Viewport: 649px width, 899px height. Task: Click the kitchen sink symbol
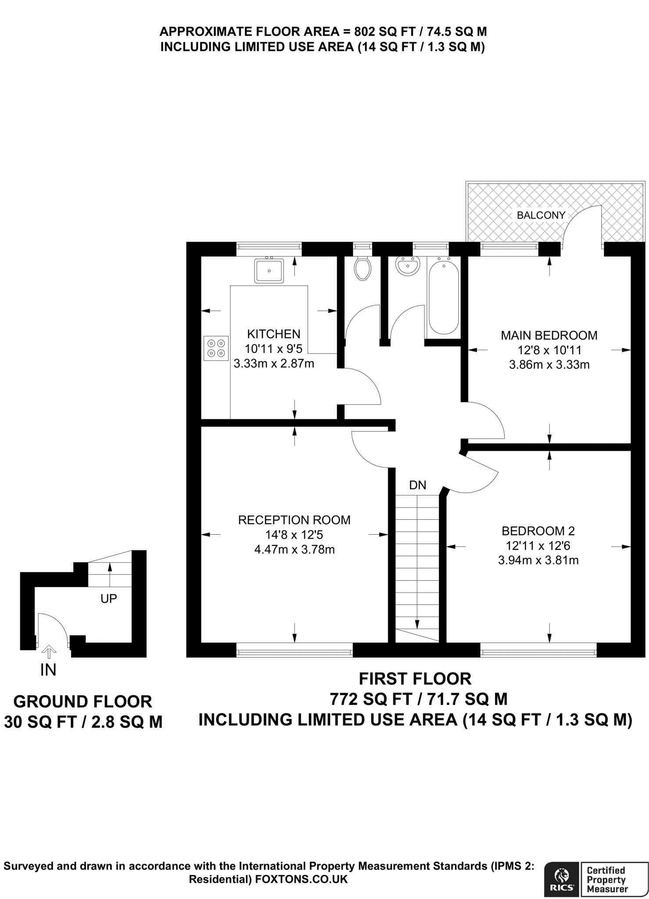[x=269, y=270]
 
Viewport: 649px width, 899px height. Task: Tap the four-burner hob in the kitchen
[x=216, y=348]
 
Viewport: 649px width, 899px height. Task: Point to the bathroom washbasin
[x=408, y=266]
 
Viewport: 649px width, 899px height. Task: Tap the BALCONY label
[x=541, y=215]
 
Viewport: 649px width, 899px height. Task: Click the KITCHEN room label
[x=274, y=334]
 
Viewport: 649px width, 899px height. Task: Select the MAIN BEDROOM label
[x=549, y=335]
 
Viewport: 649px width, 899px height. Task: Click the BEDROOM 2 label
[x=538, y=531]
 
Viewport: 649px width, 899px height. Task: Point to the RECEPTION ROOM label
[x=294, y=520]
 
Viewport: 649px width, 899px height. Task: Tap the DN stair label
[x=418, y=485]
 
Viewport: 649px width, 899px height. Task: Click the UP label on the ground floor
[x=109, y=598]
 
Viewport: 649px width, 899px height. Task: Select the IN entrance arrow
[x=49, y=651]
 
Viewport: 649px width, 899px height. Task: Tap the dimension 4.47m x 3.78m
[x=294, y=549]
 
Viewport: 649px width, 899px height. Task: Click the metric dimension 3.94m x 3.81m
[x=538, y=560]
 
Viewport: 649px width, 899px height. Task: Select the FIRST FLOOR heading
[x=415, y=679]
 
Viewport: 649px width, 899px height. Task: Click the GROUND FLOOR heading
[x=83, y=701]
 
